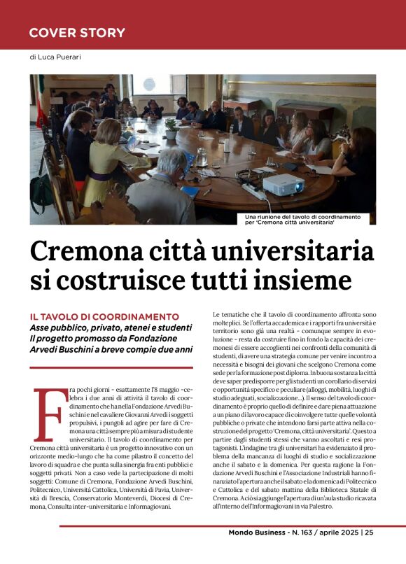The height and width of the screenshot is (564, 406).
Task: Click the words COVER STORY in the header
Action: [x=77, y=33]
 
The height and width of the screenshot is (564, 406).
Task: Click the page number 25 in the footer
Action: [x=369, y=552]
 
